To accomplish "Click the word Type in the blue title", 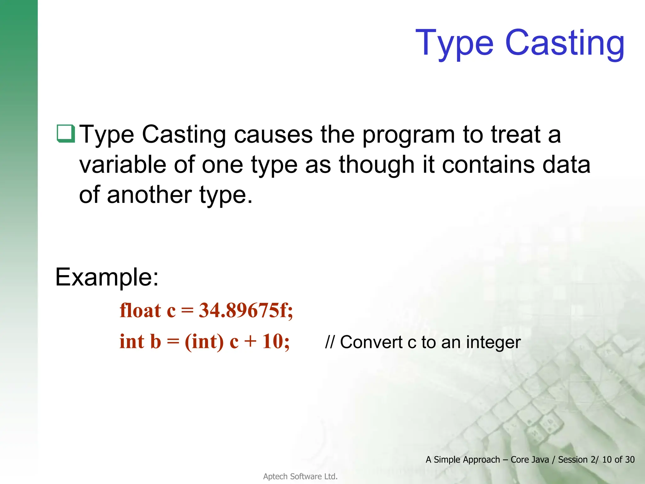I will pyautogui.click(x=454, y=43).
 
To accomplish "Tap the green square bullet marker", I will pyautogui.click(x=66, y=134).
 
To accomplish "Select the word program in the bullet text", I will pyautogui.click(x=408, y=135).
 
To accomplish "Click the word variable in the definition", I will pyautogui.click(x=123, y=165).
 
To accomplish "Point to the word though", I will pyautogui.click(x=376, y=165).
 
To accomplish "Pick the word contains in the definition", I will pyautogui.click(x=488, y=165).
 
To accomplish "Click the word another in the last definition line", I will pyautogui.click(x=149, y=195).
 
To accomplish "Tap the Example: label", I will pyautogui.click(x=107, y=277).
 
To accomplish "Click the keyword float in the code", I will pyautogui.click(x=140, y=310).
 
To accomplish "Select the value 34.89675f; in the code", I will pyautogui.click(x=246, y=310).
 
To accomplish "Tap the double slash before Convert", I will pyautogui.click(x=329, y=342).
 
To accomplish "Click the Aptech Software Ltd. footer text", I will pyautogui.click(x=300, y=476).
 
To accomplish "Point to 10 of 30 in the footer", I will pyautogui.click(x=618, y=460).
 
